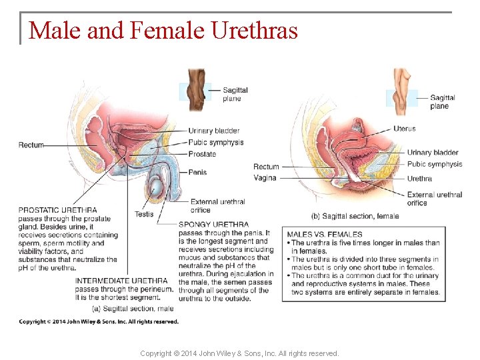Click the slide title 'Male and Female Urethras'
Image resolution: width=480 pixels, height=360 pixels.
pos(163,31)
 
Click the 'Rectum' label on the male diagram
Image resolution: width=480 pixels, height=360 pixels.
pos(31,145)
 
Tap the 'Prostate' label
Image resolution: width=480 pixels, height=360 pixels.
pos(202,154)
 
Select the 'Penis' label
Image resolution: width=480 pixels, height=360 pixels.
pos(197,172)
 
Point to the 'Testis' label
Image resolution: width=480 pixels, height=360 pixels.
pos(143,214)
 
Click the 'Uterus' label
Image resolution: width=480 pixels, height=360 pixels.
pos(404,129)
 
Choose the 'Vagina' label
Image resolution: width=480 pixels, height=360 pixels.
pos(265,178)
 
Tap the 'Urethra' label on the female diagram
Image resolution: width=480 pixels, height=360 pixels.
pos(419,178)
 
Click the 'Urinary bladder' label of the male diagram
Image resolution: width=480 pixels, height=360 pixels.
pos(213,131)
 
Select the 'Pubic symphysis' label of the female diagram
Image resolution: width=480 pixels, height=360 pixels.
pos(434,164)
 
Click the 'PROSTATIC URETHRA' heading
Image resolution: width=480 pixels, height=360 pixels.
pos(57,211)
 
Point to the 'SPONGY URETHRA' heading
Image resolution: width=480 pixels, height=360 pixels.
pos(213,225)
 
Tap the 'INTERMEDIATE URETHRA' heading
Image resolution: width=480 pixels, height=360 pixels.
pos(121,281)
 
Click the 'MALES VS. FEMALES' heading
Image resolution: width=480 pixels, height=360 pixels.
pos(325,235)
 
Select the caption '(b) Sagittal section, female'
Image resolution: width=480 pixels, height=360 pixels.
pos(355,216)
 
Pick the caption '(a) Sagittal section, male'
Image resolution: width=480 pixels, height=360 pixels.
pos(132,307)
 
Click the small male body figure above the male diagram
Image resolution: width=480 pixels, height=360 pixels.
pos(196,89)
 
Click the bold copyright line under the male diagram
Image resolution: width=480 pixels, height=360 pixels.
pos(99,321)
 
